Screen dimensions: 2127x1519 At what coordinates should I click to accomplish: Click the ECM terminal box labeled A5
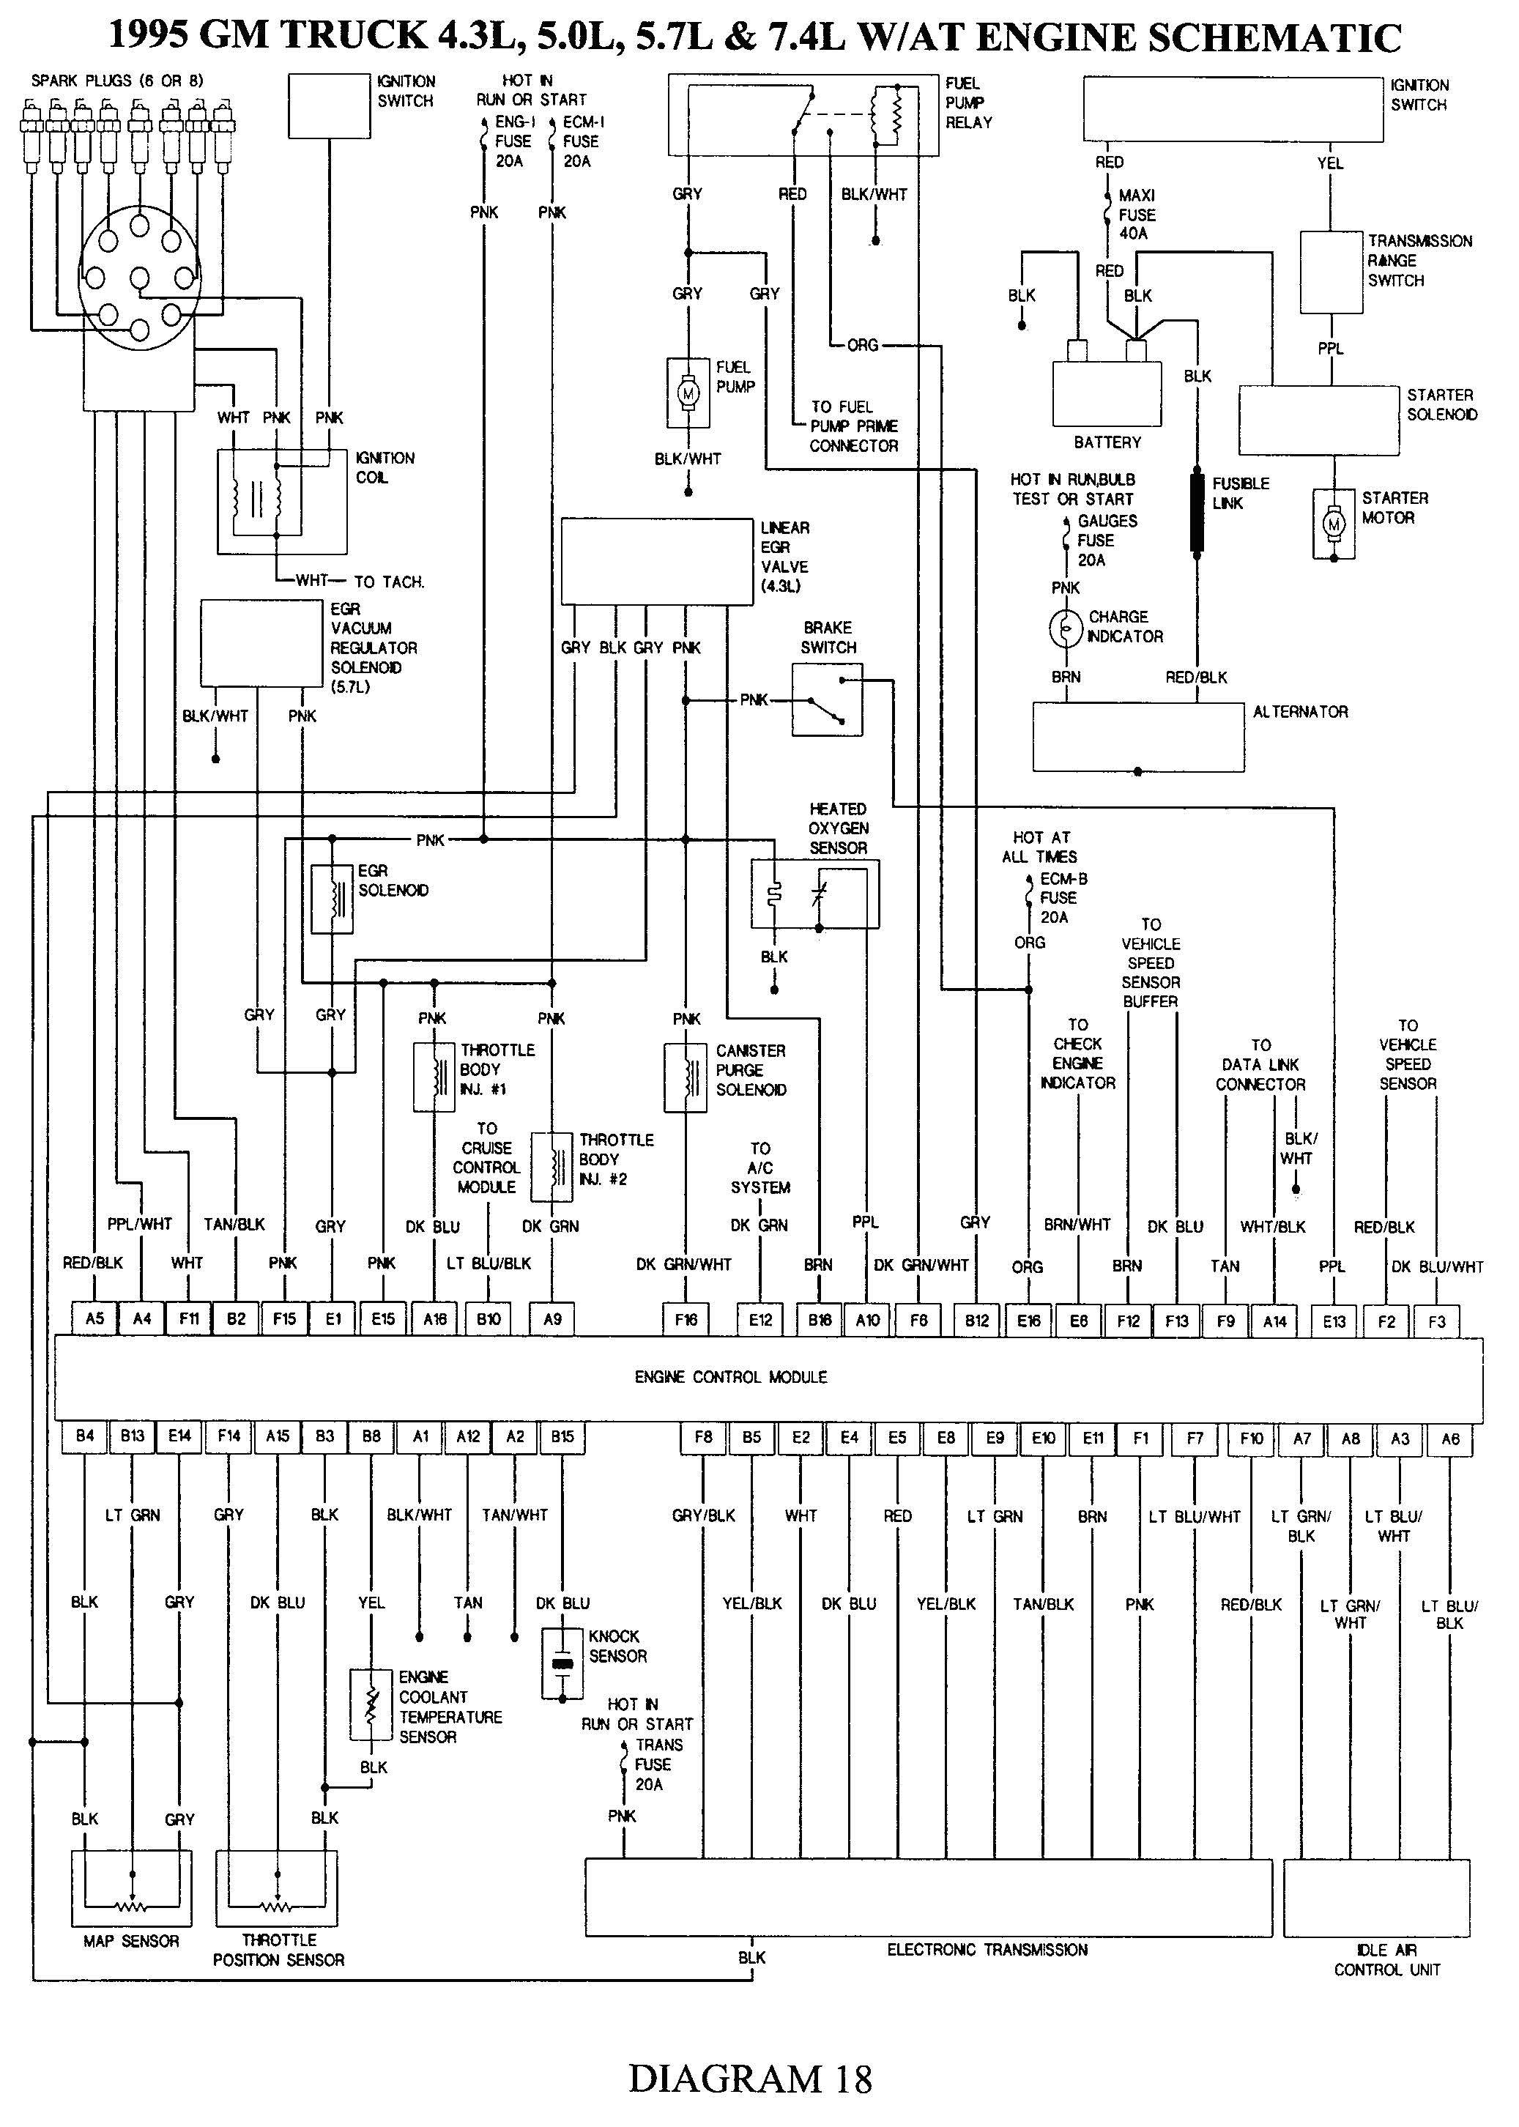point(94,1319)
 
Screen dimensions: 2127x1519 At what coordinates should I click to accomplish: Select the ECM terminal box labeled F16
point(686,1320)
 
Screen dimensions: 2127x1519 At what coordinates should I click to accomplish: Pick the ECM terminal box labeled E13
point(1334,1321)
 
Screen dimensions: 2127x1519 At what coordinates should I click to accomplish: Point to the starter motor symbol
point(1334,524)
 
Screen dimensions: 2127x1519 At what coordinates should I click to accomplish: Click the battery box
point(1107,393)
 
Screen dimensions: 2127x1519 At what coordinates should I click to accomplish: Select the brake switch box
point(827,699)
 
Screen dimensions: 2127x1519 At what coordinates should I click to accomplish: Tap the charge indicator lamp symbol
point(1066,628)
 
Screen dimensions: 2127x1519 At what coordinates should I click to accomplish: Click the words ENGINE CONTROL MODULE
point(730,1377)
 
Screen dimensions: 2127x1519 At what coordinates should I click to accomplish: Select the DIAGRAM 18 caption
point(750,2079)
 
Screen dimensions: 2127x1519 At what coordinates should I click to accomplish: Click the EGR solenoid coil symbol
point(332,898)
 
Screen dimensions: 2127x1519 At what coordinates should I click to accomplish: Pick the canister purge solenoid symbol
point(686,1077)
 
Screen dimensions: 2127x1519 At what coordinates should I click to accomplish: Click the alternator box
point(1137,737)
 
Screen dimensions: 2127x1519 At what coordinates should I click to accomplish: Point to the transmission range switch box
point(1331,272)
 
